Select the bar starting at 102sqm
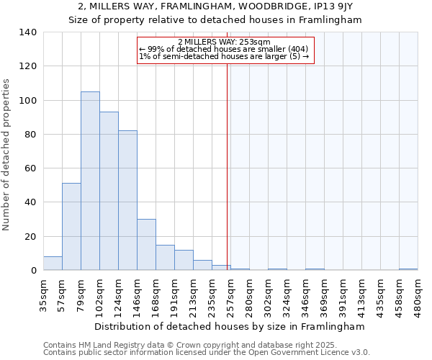pos(109,192)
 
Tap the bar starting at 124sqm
pos(127,201)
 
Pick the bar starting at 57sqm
pos(71,227)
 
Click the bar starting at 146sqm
pos(146,245)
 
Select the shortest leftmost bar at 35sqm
pos(53,264)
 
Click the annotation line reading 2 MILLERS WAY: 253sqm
pos(224,42)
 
